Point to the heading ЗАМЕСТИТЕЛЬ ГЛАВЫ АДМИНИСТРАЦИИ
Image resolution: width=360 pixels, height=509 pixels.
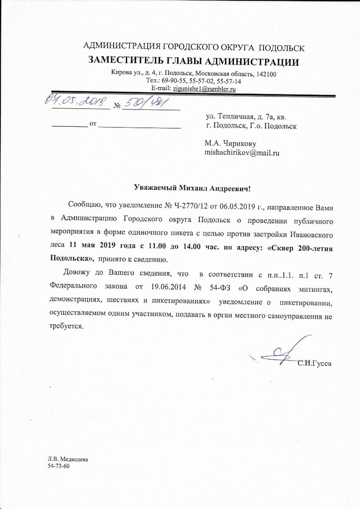[x=194, y=62]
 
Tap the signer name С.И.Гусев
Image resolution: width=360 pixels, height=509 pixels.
[x=314, y=363]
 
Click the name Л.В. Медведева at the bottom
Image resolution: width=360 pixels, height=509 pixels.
[x=67, y=459]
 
